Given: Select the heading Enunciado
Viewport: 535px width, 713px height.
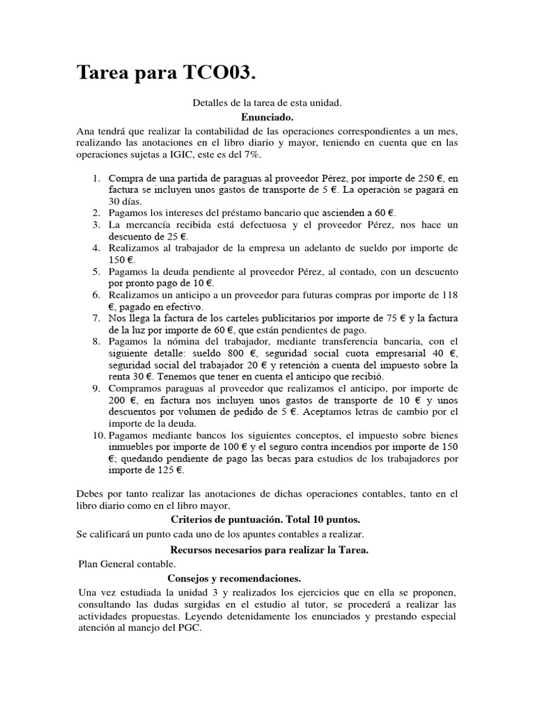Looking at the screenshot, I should pos(267,118).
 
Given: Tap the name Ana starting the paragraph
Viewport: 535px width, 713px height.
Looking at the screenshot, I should pos(86,131).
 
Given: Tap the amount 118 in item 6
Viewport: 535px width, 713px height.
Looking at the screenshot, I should pos(450,295).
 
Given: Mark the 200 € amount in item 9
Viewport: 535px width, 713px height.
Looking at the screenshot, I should pos(119,400).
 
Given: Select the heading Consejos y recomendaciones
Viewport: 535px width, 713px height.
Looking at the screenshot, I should pos(234,578).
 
